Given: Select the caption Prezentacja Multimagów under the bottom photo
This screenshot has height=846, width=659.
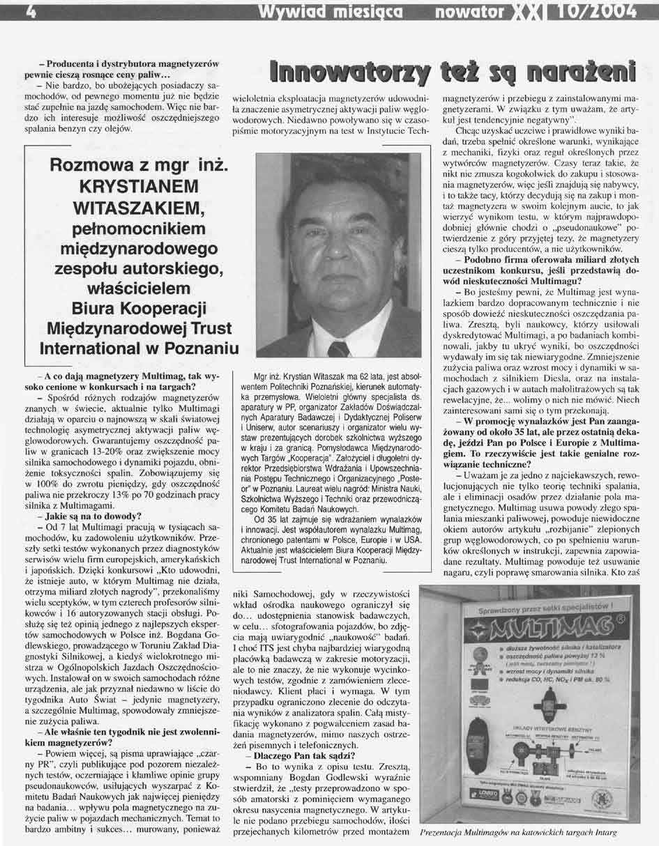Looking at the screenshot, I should tap(479, 833).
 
